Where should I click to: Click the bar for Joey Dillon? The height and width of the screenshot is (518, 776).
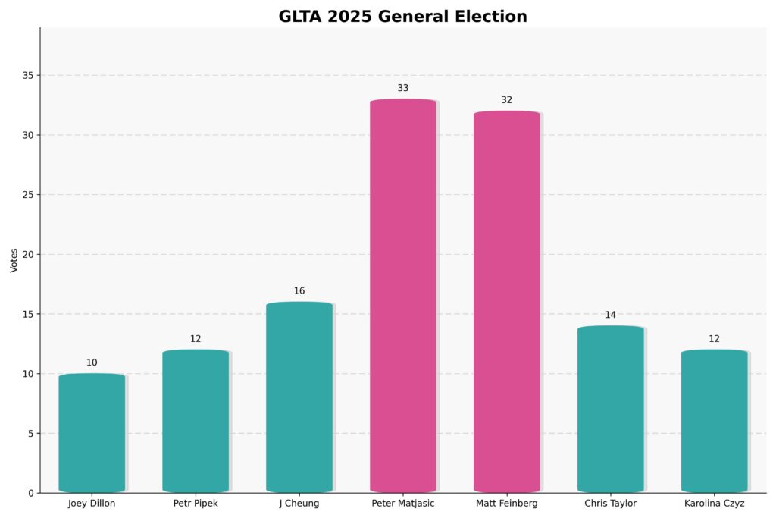(92, 433)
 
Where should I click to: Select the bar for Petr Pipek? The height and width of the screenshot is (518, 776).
(196, 421)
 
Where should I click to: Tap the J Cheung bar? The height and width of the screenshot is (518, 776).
(299, 397)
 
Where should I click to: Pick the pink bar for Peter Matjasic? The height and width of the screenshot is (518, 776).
(403, 296)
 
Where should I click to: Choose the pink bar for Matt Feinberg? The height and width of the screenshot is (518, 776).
(507, 302)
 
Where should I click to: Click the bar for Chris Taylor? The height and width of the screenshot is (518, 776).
(611, 410)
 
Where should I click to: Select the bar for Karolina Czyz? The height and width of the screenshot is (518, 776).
(714, 421)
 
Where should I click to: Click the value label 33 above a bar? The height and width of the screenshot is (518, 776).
(403, 88)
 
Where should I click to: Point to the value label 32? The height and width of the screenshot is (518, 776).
(507, 100)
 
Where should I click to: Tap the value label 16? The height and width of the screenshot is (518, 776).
(299, 291)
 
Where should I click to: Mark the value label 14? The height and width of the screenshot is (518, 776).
(611, 315)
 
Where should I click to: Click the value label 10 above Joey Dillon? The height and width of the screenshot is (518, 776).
(92, 363)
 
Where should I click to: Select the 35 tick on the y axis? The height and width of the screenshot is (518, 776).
(28, 76)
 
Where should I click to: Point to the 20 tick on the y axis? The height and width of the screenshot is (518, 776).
(28, 255)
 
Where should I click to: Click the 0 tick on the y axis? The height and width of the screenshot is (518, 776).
(31, 493)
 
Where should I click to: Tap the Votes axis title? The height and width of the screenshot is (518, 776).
(14, 259)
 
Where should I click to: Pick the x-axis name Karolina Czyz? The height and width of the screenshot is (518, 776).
(714, 504)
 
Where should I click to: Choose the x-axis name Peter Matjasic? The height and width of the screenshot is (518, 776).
(403, 504)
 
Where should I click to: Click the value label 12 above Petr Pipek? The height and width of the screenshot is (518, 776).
(196, 339)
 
